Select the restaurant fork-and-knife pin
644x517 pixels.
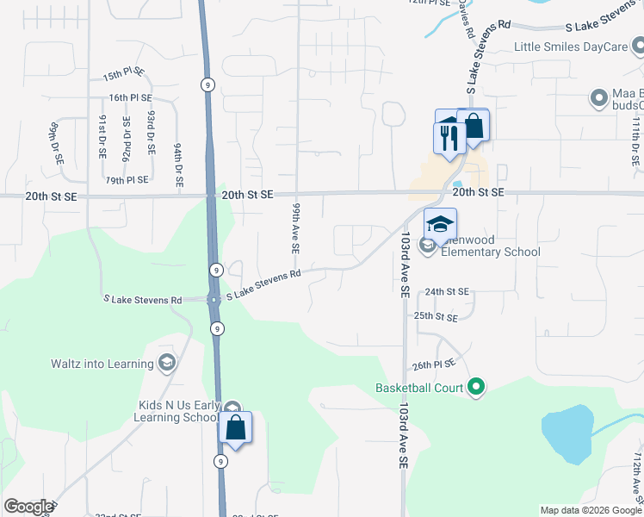coord(448,138)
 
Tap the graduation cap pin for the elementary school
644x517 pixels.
coord(440,224)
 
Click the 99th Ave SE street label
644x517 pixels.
coord(295,228)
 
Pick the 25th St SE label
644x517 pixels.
coord(435,317)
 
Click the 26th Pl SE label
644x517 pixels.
coord(432,365)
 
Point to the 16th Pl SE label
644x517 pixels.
coord(131,97)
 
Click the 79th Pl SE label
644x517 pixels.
coord(127,180)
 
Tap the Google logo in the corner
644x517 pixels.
coord(29,507)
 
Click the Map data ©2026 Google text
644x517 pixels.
coord(591,510)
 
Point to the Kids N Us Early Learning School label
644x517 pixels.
coord(177,411)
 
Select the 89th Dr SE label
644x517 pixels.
coord(53,142)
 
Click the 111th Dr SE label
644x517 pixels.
coord(635,142)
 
